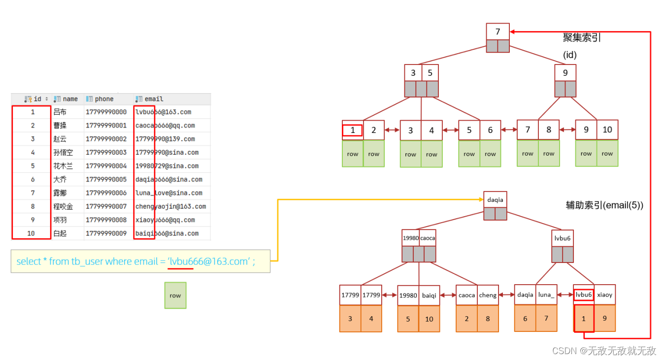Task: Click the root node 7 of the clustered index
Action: pos(498,32)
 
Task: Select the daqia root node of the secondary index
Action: pos(495,199)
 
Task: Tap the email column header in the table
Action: pos(154,99)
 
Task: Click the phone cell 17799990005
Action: pos(106,179)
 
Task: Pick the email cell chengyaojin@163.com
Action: pos(170,206)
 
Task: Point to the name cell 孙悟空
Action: pos(63,153)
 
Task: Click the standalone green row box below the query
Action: pos(175,295)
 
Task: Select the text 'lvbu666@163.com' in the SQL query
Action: pos(209,262)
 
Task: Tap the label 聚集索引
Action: pos(582,37)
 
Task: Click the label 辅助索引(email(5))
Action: pos(604,206)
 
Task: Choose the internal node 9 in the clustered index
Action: pos(565,73)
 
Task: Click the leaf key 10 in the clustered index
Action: pos(607,130)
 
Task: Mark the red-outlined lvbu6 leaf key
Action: pos(584,295)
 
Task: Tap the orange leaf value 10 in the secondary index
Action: pos(429,319)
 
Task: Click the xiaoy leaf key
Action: pos(604,295)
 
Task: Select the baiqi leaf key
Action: pos(429,295)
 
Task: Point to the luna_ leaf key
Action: pos(546,295)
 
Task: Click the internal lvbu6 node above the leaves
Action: pos(563,238)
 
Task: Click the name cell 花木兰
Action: pos(63,166)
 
